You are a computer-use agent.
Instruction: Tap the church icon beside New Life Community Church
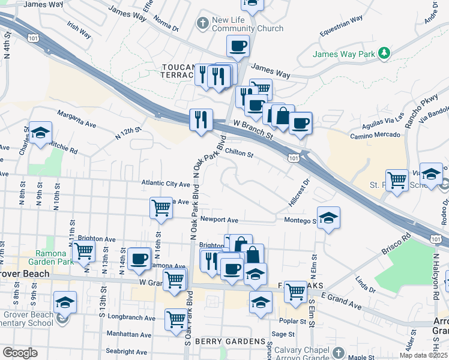[203, 23]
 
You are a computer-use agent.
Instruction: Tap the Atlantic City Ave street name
[166, 183]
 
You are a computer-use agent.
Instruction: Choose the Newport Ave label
[219, 220]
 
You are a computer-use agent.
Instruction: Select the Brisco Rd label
[396, 244]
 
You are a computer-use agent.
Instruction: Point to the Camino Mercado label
[376, 134]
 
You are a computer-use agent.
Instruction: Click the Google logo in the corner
[20, 353]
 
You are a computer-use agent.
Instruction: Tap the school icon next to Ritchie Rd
[40, 133]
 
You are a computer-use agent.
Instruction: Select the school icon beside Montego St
[328, 218]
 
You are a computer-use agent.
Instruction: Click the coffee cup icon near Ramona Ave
[139, 259]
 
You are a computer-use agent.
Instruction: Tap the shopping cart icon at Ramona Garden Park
[83, 250]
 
